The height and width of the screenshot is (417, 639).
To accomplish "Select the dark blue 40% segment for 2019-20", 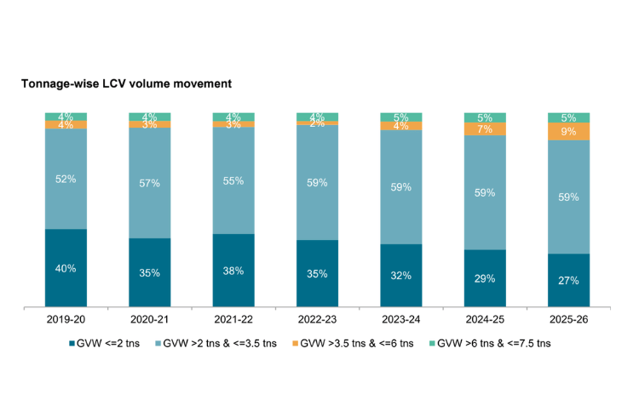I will pos(66,267).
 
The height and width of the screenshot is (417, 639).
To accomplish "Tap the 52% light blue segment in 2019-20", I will pos(66,179).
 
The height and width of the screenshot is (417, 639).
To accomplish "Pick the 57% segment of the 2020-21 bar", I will pos(150,182).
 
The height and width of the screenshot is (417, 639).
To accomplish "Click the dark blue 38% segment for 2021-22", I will pos(233,270).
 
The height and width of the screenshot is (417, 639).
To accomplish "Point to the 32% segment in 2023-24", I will pos(401,275).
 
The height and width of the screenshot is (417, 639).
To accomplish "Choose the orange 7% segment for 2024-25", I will pos(485,129).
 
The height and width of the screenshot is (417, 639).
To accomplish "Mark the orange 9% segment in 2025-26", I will pos(568,131).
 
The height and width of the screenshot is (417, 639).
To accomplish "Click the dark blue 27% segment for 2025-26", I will pos(568,279).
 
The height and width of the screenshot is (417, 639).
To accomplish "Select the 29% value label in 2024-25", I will pos(485,278).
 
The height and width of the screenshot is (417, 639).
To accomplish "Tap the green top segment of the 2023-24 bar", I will pos(401,117).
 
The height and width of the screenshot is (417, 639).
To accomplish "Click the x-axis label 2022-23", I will pos(317,319).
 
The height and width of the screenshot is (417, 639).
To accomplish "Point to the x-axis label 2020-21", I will pos(150,319).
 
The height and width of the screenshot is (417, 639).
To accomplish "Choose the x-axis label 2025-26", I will pos(568,319).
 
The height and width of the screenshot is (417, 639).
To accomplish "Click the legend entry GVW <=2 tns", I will pos(107,343).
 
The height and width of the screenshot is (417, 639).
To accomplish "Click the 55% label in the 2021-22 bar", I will pos(233,180).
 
